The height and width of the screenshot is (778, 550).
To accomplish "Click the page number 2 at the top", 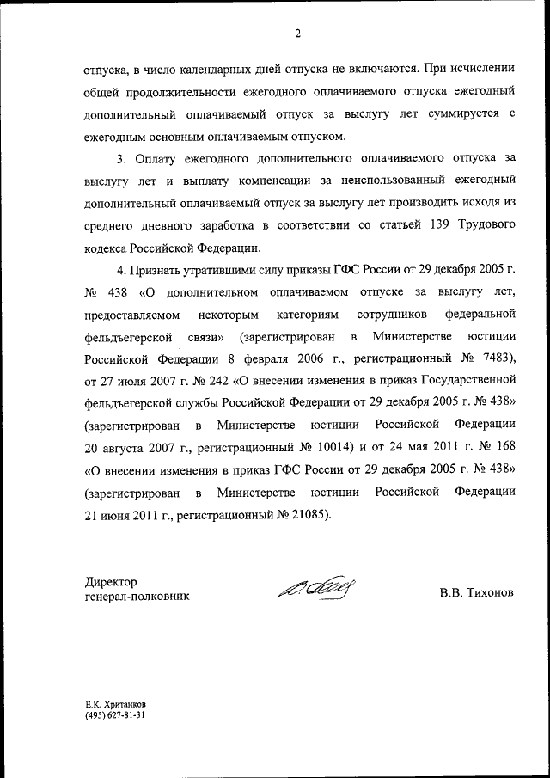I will pyautogui.click(x=296, y=34).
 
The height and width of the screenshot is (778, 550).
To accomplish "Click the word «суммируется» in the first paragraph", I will pyautogui.click(x=457, y=114).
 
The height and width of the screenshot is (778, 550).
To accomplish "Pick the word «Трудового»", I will pyautogui.click(x=482, y=225).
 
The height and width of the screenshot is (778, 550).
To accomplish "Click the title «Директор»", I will pyautogui.click(x=111, y=582).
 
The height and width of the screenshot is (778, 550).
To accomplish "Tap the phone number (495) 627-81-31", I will pyautogui.click(x=114, y=715).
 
